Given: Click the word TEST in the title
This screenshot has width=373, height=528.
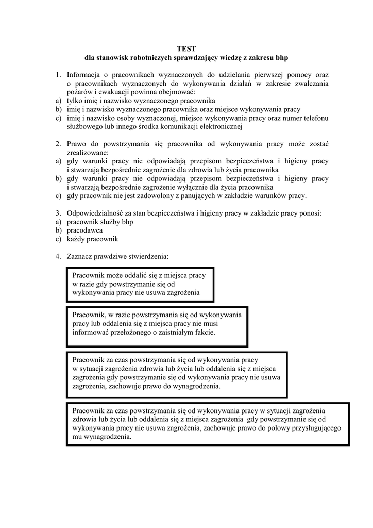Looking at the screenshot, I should (x=186, y=48).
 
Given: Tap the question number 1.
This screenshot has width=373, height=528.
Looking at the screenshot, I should (x=58, y=75).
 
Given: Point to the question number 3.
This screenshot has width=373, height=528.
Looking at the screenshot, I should (x=58, y=213).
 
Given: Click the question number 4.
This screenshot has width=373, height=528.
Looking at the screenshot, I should (x=58, y=256).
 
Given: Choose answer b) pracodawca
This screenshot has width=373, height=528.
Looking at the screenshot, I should (x=85, y=230).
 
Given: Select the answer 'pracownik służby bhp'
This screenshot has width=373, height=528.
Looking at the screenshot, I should (x=96, y=221).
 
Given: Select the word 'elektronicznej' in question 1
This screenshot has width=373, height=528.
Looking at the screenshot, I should (x=218, y=126).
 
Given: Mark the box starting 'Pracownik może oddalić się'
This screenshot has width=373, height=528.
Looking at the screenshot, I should (x=140, y=284).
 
